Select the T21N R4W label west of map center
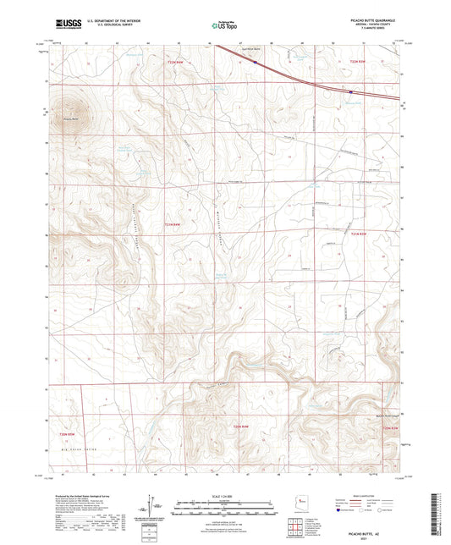coord(172,223)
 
